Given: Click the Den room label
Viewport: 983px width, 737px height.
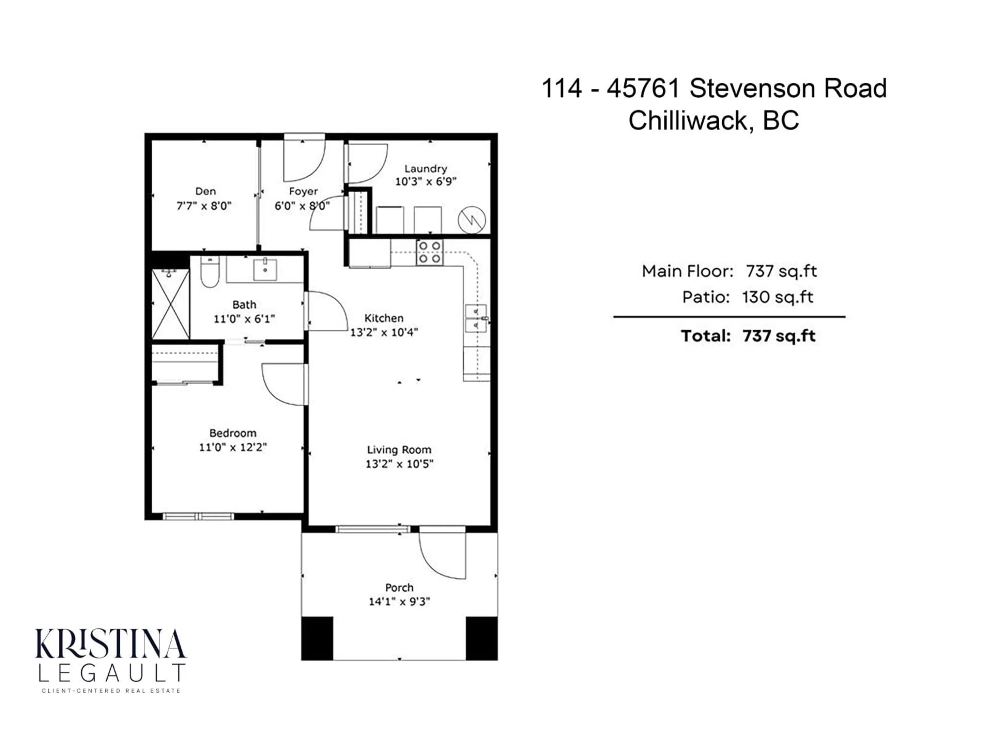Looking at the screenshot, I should [x=205, y=191].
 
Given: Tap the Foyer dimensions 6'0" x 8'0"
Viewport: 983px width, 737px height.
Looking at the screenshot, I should [x=302, y=206].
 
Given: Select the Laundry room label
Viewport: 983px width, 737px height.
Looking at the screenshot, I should [x=425, y=169].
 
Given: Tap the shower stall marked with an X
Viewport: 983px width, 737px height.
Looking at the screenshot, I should [x=171, y=304].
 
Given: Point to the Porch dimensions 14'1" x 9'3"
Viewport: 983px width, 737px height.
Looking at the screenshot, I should [x=399, y=602].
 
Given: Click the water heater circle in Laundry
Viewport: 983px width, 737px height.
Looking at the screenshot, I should [x=472, y=220].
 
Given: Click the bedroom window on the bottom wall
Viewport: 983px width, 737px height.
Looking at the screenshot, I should [x=198, y=516].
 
